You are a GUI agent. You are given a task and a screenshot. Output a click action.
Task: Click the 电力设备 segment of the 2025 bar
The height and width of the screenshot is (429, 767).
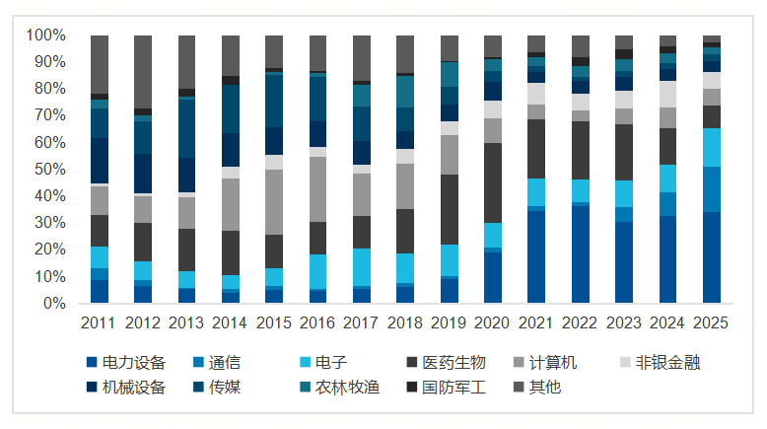pyautogui.click(x=711, y=257)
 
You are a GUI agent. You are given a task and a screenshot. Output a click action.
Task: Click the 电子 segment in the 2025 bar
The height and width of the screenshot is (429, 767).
pyautogui.click(x=711, y=147)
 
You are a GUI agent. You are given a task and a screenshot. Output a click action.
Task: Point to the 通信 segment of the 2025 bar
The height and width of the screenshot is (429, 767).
pyautogui.click(x=711, y=189)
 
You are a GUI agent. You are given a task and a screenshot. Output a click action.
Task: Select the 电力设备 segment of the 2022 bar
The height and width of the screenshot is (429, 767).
pyautogui.click(x=581, y=254)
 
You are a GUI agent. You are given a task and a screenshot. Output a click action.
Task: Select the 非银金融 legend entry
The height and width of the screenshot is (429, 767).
pyautogui.click(x=662, y=363)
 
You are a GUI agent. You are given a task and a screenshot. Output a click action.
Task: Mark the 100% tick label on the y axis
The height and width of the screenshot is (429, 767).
pyautogui.click(x=45, y=36)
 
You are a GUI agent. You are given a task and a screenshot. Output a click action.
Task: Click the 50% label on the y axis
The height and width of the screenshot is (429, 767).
pyautogui.click(x=49, y=170)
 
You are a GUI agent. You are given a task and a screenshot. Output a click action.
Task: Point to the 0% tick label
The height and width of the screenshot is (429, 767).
pyautogui.click(x=53, y=304)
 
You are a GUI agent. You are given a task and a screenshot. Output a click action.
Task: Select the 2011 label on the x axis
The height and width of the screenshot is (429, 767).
pyautogui.click(x=100, y=322)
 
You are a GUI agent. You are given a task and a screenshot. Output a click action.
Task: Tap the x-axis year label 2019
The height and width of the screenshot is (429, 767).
pyautogui.click(x=450, y=322)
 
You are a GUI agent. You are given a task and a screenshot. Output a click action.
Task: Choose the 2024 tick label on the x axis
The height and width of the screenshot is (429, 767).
pyautogui.click(x=667, y=322)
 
